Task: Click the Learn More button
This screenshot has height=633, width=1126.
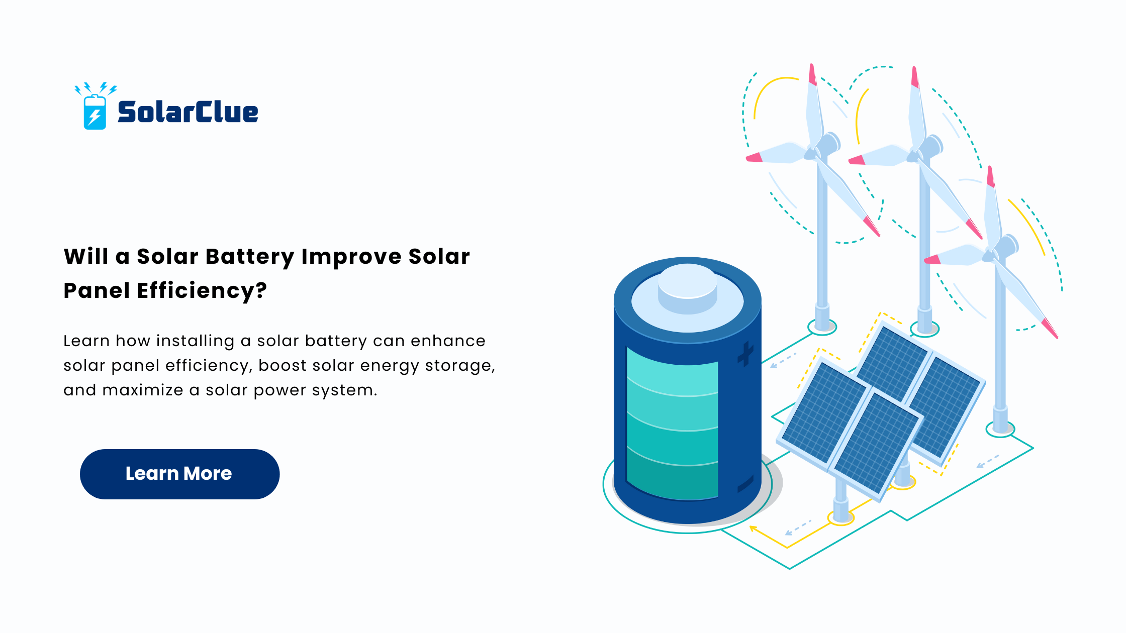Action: click(179, 474)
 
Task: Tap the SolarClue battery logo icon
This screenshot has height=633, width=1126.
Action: click(95, 107)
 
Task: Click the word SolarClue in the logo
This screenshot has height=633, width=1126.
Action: click(188, 112)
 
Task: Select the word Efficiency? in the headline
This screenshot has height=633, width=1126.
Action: click(202, 291)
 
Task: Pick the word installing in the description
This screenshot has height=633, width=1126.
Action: click(195, 341)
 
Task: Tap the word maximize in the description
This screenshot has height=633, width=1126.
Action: click(143, 390)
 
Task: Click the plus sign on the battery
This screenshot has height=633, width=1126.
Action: click(745, 354)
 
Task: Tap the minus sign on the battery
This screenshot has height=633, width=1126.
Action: click(745, 483)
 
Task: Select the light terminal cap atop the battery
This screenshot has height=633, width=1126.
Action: click(687, 289)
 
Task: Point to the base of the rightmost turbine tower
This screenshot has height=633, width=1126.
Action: click(1000, 429)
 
